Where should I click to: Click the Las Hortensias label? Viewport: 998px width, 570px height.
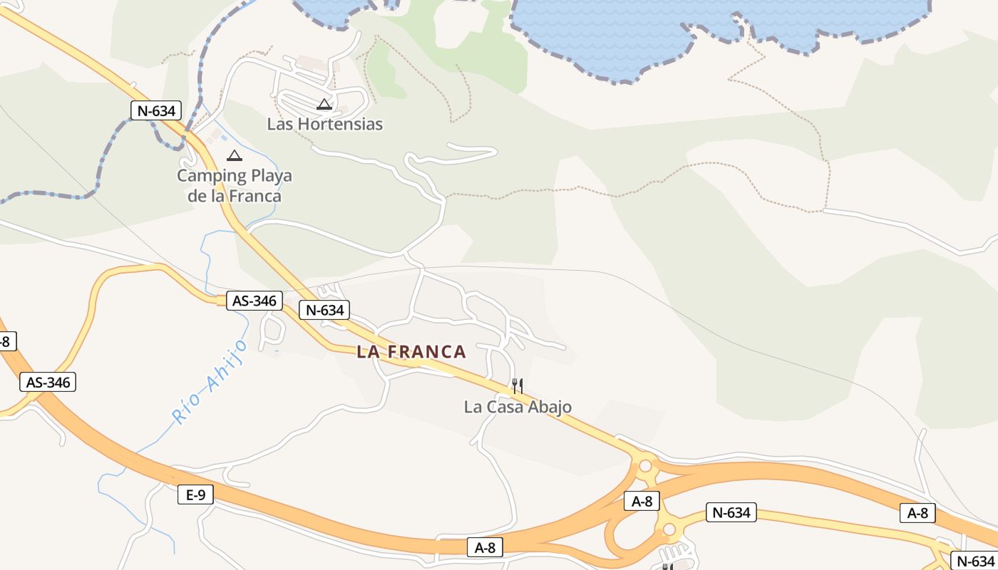(324, 124)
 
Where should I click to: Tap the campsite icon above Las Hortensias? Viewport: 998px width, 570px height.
(324, 105)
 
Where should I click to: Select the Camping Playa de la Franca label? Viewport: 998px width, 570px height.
(235, 185)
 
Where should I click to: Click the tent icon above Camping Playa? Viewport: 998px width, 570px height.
(234, 155)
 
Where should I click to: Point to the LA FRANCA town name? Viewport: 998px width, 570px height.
(411, 351)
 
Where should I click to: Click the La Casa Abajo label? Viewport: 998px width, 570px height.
(518, 407)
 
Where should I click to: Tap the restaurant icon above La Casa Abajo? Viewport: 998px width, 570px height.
(518, 386)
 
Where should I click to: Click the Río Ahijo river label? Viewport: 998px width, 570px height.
(210, 381)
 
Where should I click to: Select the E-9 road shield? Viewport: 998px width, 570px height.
(195, 494)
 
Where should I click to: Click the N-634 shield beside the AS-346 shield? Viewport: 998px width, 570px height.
(325, 310)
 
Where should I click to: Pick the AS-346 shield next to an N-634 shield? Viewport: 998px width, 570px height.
(254, 301)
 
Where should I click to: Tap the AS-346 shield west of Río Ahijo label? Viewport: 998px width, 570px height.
(48, 383)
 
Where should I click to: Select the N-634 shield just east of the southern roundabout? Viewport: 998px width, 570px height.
(731, 512)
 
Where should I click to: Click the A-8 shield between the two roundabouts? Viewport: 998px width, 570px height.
(642, 501)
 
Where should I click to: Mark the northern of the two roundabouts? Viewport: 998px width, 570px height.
(646, 467)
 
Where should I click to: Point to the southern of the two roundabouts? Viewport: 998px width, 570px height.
(669, 529)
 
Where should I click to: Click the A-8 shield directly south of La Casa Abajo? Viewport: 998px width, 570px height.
(485, 547)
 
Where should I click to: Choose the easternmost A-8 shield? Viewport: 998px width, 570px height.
(917, 512)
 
